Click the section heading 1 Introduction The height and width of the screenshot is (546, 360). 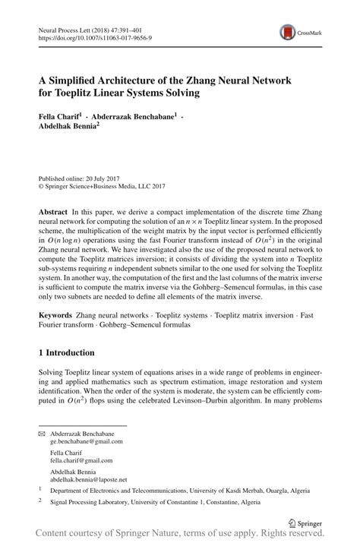pyautogui.click(x=66, y=353)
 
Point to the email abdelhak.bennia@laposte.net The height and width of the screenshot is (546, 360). pyautogui.click(x=89, y=480)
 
